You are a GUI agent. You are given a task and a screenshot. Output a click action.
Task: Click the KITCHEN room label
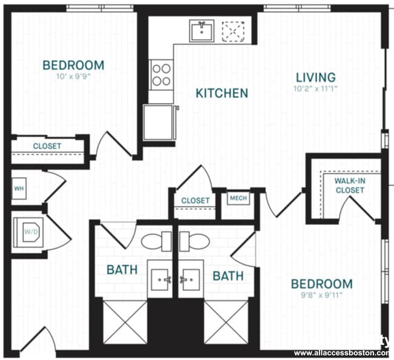[x=221, y=93]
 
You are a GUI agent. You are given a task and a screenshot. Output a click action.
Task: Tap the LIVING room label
[x=315, y=78]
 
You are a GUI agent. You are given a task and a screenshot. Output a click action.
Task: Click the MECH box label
[x=236, y=198]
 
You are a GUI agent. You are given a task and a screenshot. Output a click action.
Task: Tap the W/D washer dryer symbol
[x=28, y=231]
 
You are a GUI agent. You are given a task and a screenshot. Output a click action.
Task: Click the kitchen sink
[x=201, y=30]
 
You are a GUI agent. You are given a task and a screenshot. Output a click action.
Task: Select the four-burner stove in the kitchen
[x=161, y=74]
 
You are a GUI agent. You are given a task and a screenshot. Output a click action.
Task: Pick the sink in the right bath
[x=190, y=279]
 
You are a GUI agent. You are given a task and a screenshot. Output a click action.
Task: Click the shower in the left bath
[x=125, y=321]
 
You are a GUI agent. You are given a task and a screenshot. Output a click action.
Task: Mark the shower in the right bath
[x=225, y=321]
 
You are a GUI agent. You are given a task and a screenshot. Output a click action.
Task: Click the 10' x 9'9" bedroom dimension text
[x=73, y=77]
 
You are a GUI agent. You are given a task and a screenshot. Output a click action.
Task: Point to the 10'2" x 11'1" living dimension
[x=315, y=89]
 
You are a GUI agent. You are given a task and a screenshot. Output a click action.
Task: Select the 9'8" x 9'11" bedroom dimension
[x=321, y=296]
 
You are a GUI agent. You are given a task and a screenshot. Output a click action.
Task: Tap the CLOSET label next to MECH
[x=195, y=201]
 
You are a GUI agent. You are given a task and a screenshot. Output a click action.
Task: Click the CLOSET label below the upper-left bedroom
[x=47, y=146]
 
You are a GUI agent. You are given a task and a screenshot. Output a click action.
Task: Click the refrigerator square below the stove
[x=159, y=122]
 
